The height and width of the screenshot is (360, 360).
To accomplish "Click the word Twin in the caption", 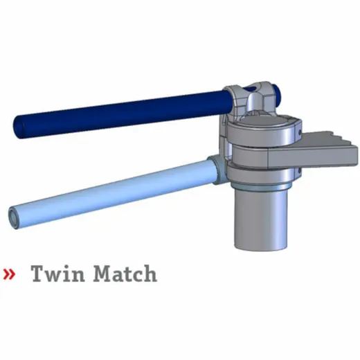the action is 57,273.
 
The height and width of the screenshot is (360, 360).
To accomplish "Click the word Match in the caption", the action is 125,273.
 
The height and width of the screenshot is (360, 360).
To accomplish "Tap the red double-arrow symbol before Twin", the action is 9,274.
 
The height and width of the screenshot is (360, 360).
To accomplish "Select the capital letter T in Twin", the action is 38,273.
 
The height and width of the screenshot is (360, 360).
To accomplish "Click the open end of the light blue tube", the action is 14,217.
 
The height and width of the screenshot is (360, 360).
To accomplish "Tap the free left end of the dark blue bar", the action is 19,127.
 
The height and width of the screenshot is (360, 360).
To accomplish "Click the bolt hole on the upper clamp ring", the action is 300,132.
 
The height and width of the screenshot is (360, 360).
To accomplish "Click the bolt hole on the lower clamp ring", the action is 300,170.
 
